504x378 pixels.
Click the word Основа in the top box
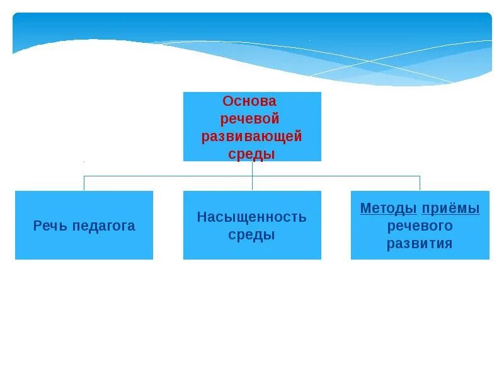[249, 101]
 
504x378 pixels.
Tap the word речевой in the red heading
[250, 119]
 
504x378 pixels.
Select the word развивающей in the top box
[252, 137]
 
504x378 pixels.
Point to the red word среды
[252, 154]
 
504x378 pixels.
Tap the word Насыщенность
[252, 217]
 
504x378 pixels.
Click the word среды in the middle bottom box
[252, 235]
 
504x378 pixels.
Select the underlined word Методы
[388, 209]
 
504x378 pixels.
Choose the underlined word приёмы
[450, 209]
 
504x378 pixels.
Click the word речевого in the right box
[420, 226]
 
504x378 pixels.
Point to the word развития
[420, 243]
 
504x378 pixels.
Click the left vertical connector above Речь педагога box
[84, 183]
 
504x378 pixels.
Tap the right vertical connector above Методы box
[420, 183]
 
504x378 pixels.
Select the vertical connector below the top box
[252, 168]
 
